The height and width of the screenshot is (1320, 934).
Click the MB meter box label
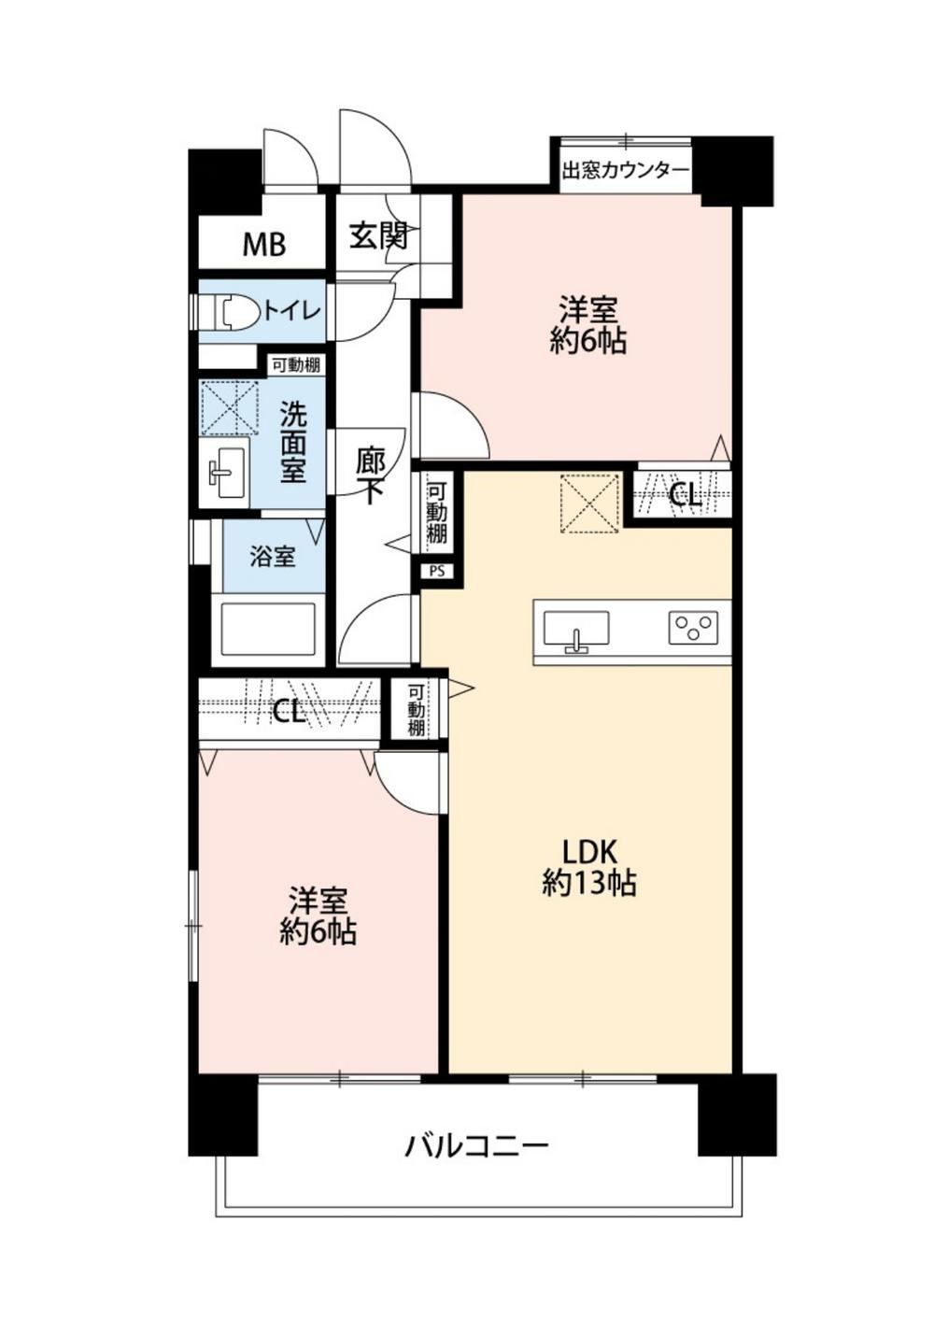(x=264, y=245)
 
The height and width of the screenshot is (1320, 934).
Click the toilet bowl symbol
(x=239, y=310)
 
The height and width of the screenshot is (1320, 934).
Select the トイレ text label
(x=290, y=310)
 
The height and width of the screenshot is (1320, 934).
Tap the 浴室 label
(x=272, y=556)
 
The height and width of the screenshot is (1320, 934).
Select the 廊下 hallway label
(x=370, y=476)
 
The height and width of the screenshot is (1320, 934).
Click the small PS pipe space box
(x=437, y=571)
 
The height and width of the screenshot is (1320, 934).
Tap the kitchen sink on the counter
(x=575, y=632)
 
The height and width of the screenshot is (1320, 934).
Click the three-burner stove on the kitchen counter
(x=692, y=628)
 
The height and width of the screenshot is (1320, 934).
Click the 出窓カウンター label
(x=625, y=171)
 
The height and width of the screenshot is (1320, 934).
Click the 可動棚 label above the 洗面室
(x=295, y=365)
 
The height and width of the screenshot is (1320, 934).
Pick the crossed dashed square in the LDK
(x=590, y=503)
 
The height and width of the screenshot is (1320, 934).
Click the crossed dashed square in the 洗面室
(x=230, y=407)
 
